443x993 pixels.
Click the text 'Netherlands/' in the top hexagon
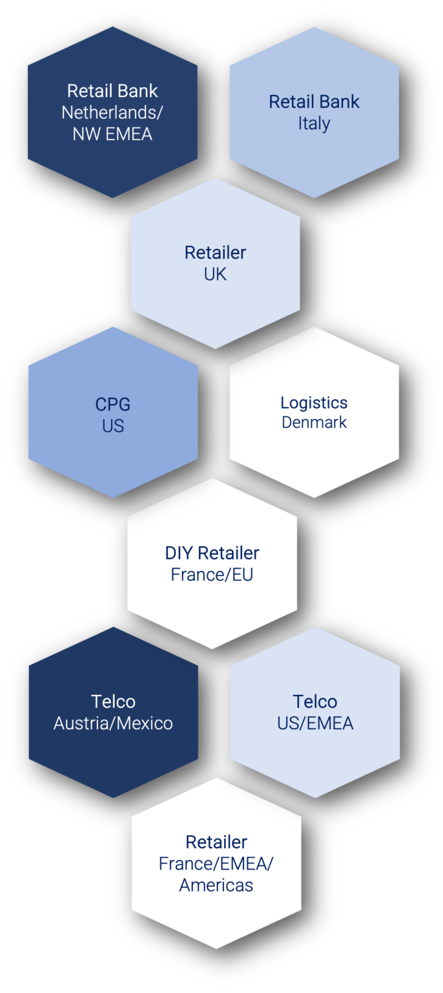point(112,112)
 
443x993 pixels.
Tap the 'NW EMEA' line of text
point(112,134)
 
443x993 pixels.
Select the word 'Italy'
point(314,123)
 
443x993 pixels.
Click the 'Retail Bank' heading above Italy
point(314,101)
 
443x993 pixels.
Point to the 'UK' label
point(215,274)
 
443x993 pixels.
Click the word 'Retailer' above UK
point(215,252)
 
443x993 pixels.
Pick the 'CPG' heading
point(113,405)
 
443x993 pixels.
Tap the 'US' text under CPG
point(113,426)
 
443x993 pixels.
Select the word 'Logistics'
point(314,403)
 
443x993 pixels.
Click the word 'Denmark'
point(314,423)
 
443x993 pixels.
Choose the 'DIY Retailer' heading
point(212,553)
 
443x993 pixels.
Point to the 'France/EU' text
point(212,574)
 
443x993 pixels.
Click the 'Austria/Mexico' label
point(113,723)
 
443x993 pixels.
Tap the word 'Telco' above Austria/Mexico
point(113,701)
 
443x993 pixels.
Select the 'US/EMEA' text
point(315,723)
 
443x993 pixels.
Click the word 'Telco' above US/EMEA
point(315,701)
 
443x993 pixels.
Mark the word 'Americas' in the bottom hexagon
point(216,885)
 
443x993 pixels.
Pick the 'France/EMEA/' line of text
point(216,864)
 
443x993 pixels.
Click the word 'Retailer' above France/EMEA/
point(216,842)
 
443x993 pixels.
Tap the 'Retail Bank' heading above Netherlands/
point(112,91)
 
